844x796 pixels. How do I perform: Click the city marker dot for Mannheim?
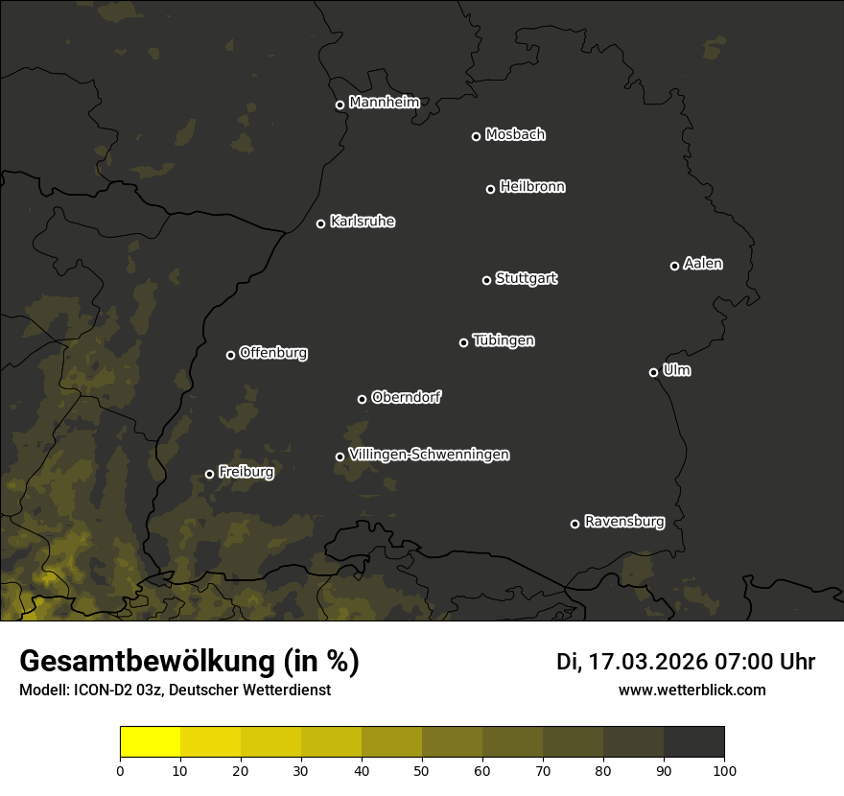coord(340,105)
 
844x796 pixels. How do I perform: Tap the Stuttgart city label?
coord(526,278)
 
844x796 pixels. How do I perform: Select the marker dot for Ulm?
coord(653,372)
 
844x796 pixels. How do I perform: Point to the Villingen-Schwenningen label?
coord(429,455)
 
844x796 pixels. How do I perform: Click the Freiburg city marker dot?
coord(209,474)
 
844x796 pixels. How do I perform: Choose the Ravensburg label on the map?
coord(623,522)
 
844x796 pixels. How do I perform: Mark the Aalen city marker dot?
coord(674,266)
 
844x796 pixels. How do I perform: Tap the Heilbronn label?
coord(532,187)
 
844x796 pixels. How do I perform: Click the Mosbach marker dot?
coord(476,136)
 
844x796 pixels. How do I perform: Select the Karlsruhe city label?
coord(362,222)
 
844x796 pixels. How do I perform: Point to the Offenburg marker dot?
coord(230,355)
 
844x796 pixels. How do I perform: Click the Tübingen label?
coord(504,340)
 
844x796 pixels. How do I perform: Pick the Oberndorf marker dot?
coord(362,399)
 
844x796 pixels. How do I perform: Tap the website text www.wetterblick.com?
coord(692,690)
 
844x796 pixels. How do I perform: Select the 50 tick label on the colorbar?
coord(422,770)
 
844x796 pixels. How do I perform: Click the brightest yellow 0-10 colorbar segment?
coord(150,742)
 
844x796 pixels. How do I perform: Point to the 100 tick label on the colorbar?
coord(724,770)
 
